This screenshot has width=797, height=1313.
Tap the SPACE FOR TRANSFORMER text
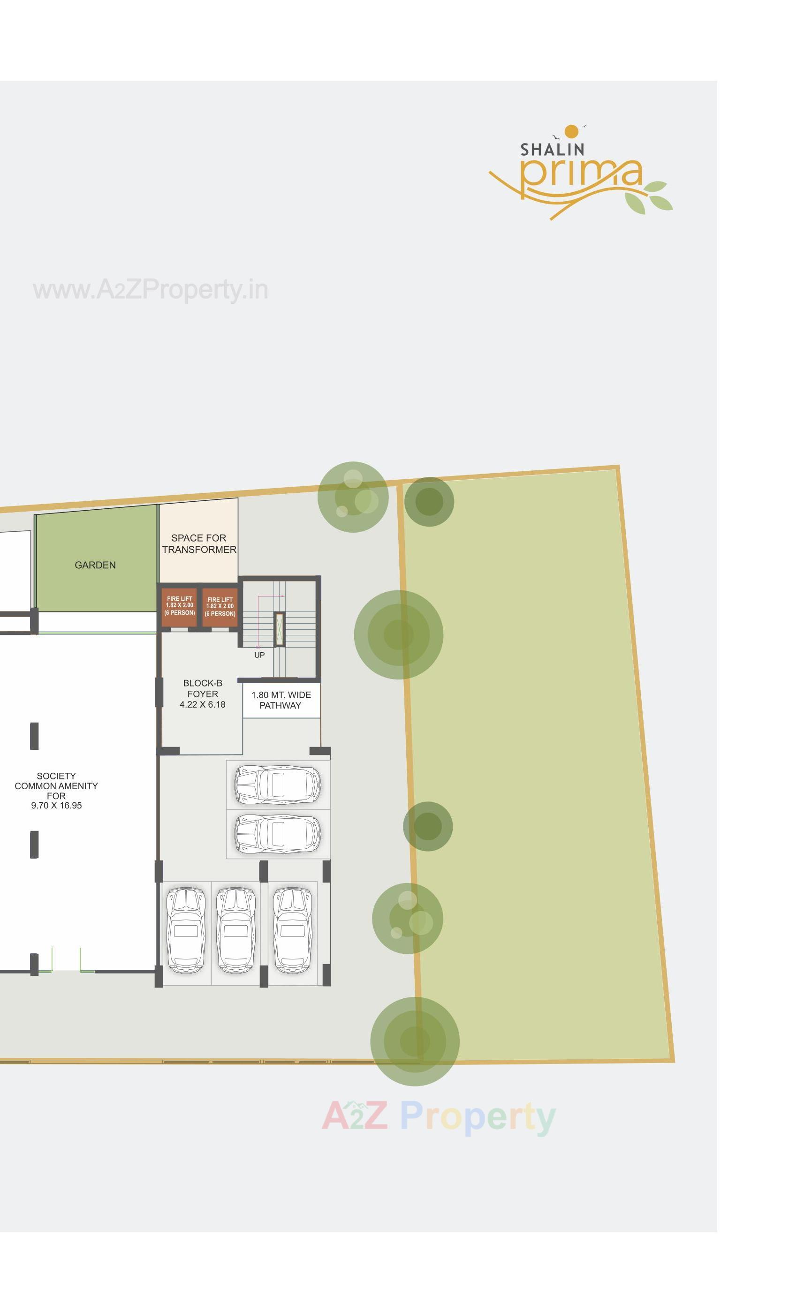click(199, 543)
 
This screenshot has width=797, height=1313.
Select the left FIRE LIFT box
click(179, 606)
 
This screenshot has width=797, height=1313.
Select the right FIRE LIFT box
click(220, 607)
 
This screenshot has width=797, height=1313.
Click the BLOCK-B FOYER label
click(203, 693)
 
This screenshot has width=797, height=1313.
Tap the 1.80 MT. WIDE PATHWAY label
click(281, 700)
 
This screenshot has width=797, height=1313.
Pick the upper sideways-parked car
click(278, 785)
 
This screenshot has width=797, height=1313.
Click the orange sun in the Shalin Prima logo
click(571, 131)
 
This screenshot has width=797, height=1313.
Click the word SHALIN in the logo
click(552, 150)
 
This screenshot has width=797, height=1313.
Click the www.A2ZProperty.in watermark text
click(150, 290)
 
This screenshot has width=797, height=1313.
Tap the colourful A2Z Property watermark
click(438, 1115)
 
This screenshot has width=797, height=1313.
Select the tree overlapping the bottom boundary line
click(415, 1041)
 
